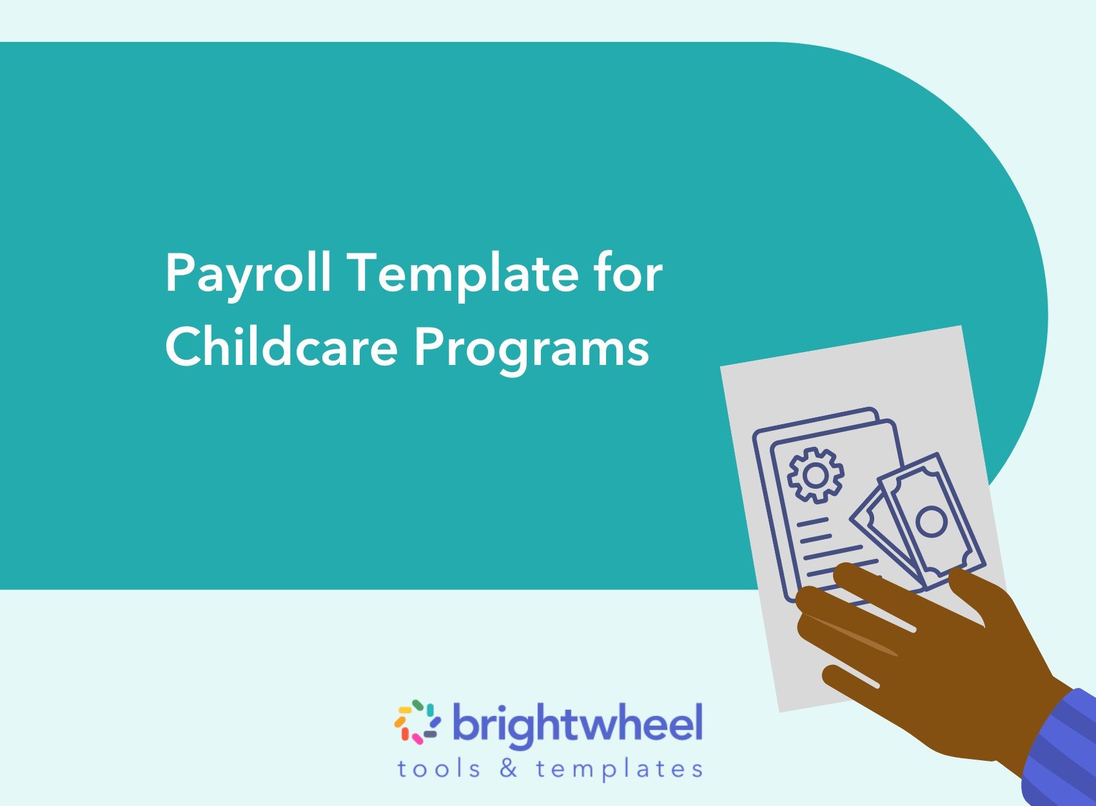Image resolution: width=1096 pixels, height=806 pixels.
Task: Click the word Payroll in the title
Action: pos(248,274)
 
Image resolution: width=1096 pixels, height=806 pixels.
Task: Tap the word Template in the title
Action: pos(464,274)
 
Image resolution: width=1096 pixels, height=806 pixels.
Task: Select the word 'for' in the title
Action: pos(628,273)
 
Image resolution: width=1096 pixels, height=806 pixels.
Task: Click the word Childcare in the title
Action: pos(281,347)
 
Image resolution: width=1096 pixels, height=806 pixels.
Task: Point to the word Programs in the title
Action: pos(531,348)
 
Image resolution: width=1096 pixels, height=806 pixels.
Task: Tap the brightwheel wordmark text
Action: pos(577,724)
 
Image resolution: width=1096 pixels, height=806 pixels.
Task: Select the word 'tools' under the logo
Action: pos(438,769)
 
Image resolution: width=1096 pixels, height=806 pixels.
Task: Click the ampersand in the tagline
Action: pos(509,769)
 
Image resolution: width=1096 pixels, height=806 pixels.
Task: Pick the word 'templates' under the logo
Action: pos(619,769)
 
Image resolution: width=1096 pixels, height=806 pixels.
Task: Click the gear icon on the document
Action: pos(816,475)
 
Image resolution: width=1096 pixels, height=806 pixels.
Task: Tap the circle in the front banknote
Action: pos(931,521)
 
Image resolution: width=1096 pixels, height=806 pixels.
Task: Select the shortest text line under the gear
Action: pos(812,522)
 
